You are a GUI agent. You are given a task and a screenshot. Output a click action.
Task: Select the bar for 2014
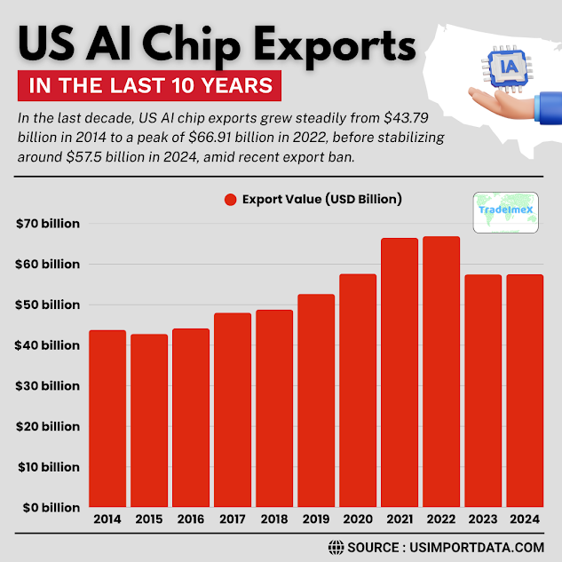pyautogui.click(x=107, y=418)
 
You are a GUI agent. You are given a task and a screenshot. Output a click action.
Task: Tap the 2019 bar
pyautogui.click(x=315, y=400)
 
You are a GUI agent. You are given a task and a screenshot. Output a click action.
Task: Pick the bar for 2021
pyautogui.click(x=400, y=372)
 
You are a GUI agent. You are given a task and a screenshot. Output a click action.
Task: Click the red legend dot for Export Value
pyautogui.click(x=230, y=200)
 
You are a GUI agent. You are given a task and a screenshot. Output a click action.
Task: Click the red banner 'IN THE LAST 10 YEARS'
pyautogui.click(x=149, y=86)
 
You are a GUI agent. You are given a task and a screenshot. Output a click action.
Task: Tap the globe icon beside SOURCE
pyautogui.click(x=336, y=547)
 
